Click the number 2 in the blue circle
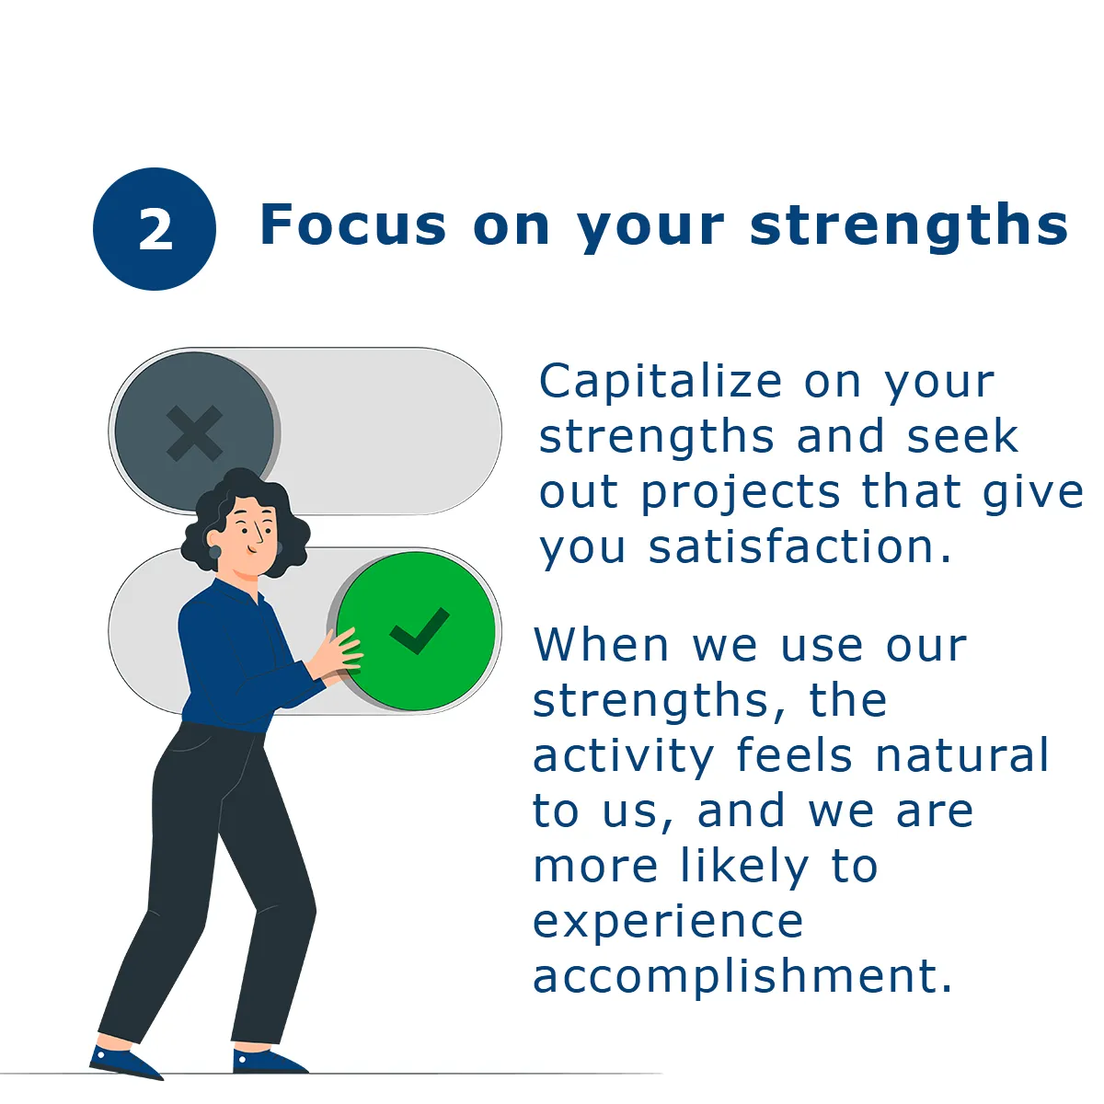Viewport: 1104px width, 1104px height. click(x=155, y=228)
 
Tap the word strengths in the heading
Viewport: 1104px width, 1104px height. click(x=908, y=227)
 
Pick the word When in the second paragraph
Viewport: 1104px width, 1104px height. click(x=602, y=646)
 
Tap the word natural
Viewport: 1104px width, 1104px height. click(x=962, y=754)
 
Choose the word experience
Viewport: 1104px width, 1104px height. click(x=668, y=924)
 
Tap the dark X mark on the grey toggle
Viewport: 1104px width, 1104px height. click(x=194, y=433)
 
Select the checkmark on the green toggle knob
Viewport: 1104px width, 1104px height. click(x=420, y=631)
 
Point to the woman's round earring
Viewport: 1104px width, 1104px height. click(x=215, y=552)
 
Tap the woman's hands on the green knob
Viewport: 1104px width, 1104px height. click(x=337, y=655)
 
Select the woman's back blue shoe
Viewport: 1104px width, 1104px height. click(x=125, y=1064)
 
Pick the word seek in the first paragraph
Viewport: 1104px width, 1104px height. click(x=962, y=437)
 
